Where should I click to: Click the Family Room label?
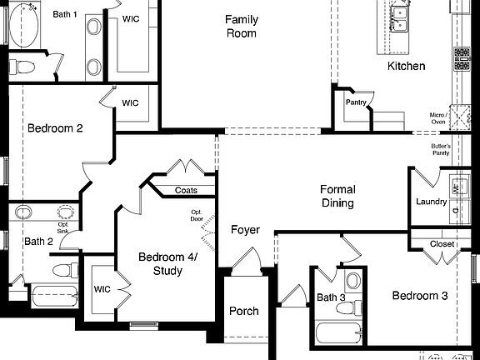tap(241, 27)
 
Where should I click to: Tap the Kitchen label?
tap(406, 66)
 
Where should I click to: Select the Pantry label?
tap(356, 102)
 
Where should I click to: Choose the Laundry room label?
tap(432, 202)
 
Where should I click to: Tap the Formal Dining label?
tap(337, 196)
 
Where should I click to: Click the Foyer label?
tap(245, 229)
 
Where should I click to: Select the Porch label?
tap(243, 311)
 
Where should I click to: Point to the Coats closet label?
tap(186, 190)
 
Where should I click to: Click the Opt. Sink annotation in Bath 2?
tap(63, 225)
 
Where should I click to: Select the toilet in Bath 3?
tap(353, 281)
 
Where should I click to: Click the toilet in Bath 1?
tap(26, 67)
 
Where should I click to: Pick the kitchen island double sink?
tap(400, 13)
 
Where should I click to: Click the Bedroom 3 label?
tap(420, 296)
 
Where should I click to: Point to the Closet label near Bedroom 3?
tap(442, 244)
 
